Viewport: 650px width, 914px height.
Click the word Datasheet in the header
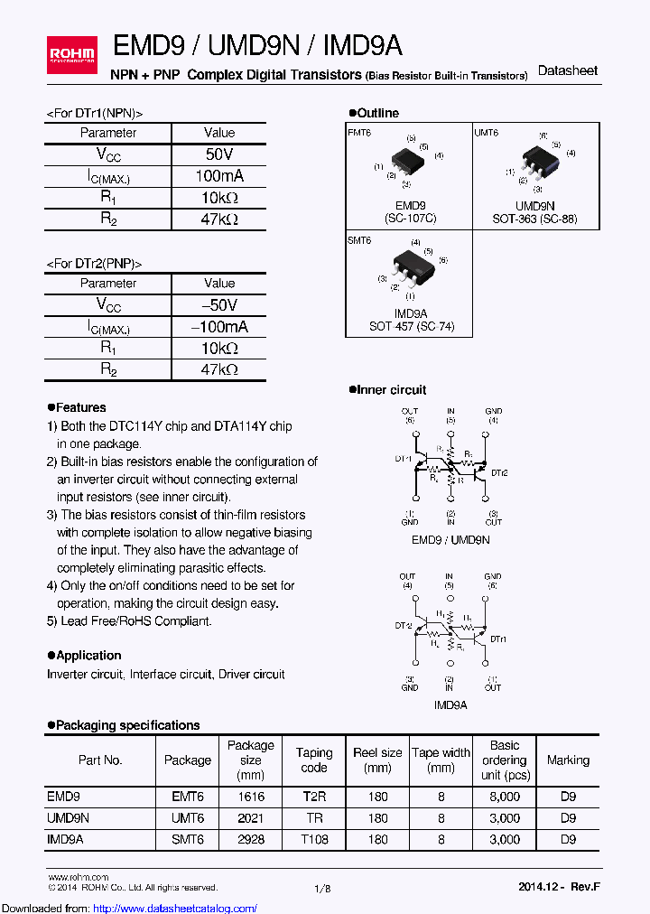[567, 70]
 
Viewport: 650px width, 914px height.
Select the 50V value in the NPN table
[219, 154]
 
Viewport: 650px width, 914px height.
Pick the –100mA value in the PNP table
[219, 327]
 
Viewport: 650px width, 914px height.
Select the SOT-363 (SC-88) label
[534, 219]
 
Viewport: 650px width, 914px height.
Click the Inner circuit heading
[387, 389]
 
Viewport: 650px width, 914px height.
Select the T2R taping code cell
[313, 797]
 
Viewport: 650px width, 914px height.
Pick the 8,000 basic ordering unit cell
[505, 797]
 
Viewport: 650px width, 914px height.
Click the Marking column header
[568, 760]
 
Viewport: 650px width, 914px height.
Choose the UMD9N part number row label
[68, 818]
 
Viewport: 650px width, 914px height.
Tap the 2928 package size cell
[250, 839]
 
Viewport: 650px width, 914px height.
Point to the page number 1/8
[322, 889]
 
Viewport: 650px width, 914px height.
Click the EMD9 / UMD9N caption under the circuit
[450, 539]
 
